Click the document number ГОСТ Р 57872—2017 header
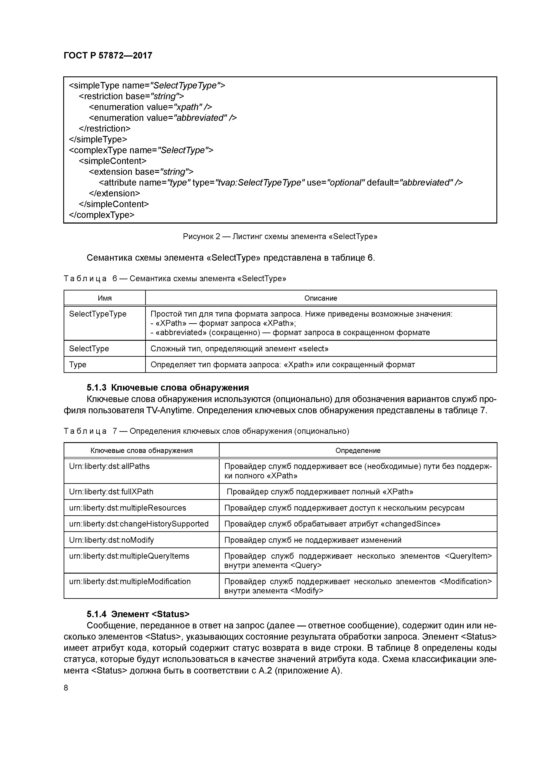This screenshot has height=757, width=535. (x=108, y=55)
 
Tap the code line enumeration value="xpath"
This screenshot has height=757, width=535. (x=150, y=107)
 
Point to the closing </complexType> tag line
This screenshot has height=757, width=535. (x=102, y=215)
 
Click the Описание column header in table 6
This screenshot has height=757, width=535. (x=320, y=298)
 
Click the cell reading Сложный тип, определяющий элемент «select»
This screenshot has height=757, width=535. (x=239, y=349)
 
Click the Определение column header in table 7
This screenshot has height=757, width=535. (x=358, y=450)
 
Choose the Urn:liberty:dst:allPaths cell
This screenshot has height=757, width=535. (x=109, y=466)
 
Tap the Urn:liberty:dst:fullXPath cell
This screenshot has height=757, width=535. (x=111, y=492)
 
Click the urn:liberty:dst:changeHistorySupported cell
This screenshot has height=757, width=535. (x=139, y=524)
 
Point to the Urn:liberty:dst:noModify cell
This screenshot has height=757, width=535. (x=111, y=540)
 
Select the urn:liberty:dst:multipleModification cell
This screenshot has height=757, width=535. (x=130, y=581)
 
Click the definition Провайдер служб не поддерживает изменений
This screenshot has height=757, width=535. (x=313, y=540)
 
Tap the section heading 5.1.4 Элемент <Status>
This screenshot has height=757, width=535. (x=138, y=614)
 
